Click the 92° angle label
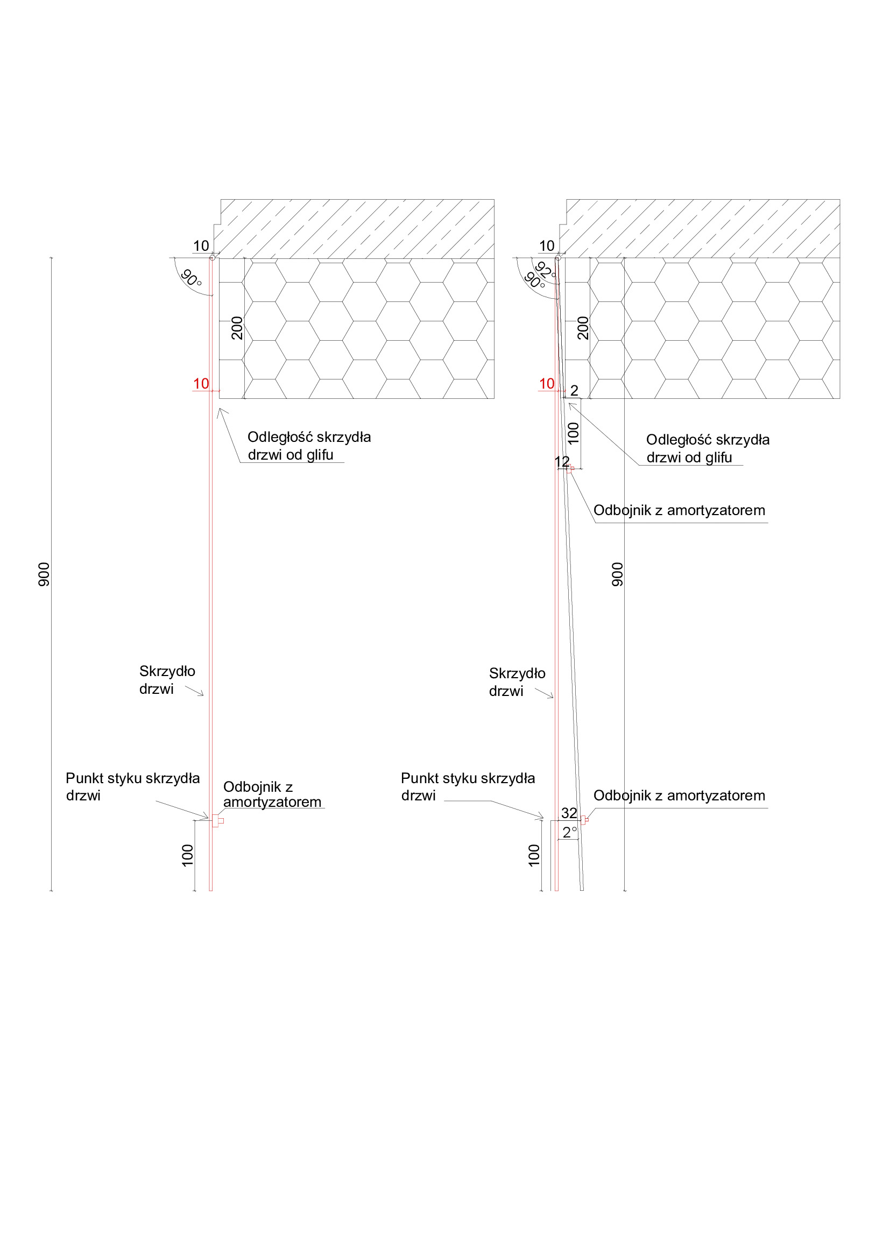(546, 270)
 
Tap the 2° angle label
(570, 832)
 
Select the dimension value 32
(569, 813)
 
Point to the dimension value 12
(562, 462)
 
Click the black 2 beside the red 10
(574, 390)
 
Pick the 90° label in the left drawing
(191, 278)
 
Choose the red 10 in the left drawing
(201, 384)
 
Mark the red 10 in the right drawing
(547, 384)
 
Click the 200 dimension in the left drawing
(237, 328)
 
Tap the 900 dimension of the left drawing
(44, 574)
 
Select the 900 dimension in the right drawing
(617, 574)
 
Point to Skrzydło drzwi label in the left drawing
(167, 680)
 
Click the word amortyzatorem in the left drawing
(272, 801)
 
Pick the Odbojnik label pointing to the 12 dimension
(679, 510)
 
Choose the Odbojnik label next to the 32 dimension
(679, 796)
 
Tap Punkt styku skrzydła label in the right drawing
(468, 787)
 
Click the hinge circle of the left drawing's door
(212, 258)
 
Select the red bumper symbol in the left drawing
(217, 821)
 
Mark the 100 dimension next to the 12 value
(573, 433)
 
